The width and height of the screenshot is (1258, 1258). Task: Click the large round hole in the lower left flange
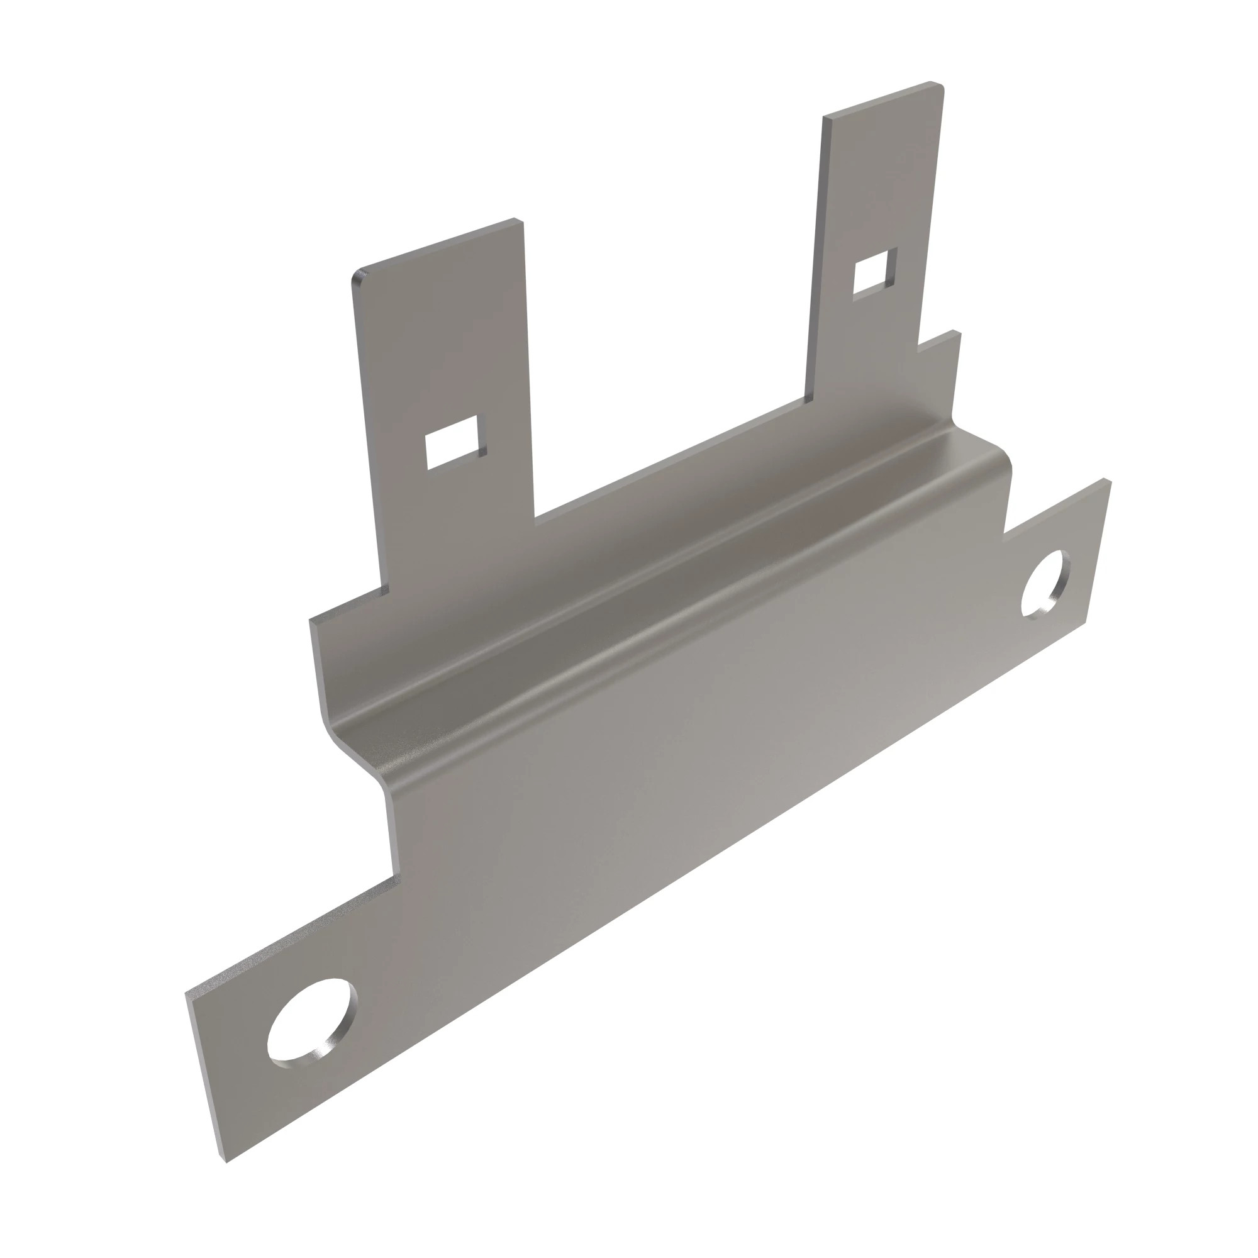[x=312, y=1021]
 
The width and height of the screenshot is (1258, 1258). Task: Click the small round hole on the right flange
[x=1044, y=584]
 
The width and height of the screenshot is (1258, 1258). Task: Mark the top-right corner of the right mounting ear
[x=1107, y=481]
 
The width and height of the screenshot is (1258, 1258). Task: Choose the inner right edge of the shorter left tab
[x=528, y=371]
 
